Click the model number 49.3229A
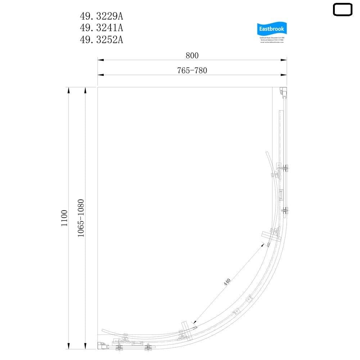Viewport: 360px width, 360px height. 101,16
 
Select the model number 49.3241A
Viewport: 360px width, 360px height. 101,28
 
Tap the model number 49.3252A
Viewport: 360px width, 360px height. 101,40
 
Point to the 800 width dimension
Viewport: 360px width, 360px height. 192,55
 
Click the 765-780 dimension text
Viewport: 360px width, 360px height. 192,71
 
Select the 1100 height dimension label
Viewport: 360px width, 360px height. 64,218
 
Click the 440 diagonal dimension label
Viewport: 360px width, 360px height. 227,282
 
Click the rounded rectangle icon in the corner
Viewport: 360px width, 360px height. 342,10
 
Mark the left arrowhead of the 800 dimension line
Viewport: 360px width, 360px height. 100,60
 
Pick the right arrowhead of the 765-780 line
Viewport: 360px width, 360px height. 284,75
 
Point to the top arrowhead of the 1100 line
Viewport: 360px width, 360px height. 68,89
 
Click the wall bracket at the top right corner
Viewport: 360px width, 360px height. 284,92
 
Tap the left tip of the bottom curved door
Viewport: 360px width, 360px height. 102,330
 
